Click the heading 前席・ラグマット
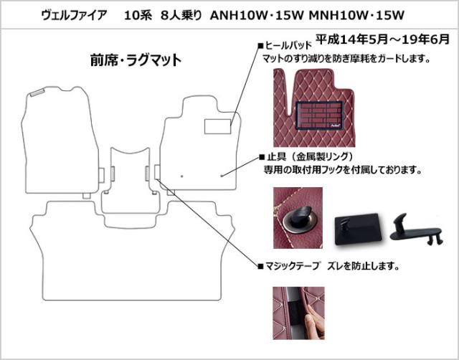pyautogui.click(x=136, y=60)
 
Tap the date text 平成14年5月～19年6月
pyautogui.click(x=382, y=39)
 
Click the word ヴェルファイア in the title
pyautogui.click(x=74, y=15)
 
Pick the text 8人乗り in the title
pyautogui.click(x=181, y=15)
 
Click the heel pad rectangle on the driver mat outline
pyautogui.click(x=217, y=127)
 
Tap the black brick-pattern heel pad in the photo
pyautogui.click(x=319, y=115)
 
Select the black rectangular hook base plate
pyautogui.click(x=359, y=227)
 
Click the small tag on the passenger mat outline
pyautogui.click(x=37, y=93)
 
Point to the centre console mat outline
pyautogui.click(x=131, y=181)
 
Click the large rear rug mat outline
pyautogui.click(x=132, y=251)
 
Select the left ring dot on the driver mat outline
pyautogui.click(x=182, y=176)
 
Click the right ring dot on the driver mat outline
pyautogui.click(x=222, y=176)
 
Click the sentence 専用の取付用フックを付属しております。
pyautogui.click(x=343, y=170)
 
